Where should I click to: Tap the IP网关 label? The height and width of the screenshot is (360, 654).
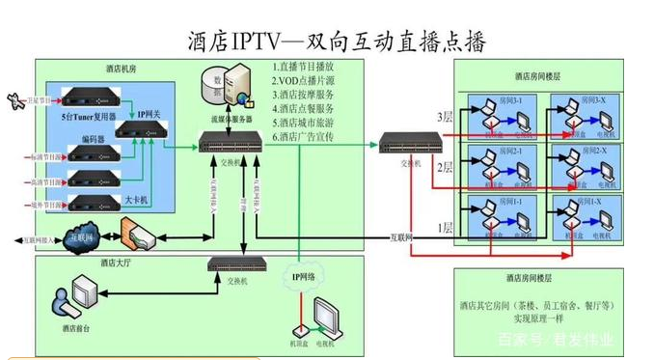tap(149, 114)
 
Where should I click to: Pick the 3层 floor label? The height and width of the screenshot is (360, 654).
tap(445, 118)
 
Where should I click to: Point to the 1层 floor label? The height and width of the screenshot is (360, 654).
tap(445, 228)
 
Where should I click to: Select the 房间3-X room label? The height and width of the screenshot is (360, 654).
tap(594, 100)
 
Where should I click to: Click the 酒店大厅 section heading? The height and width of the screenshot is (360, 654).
tap(119, 262)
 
